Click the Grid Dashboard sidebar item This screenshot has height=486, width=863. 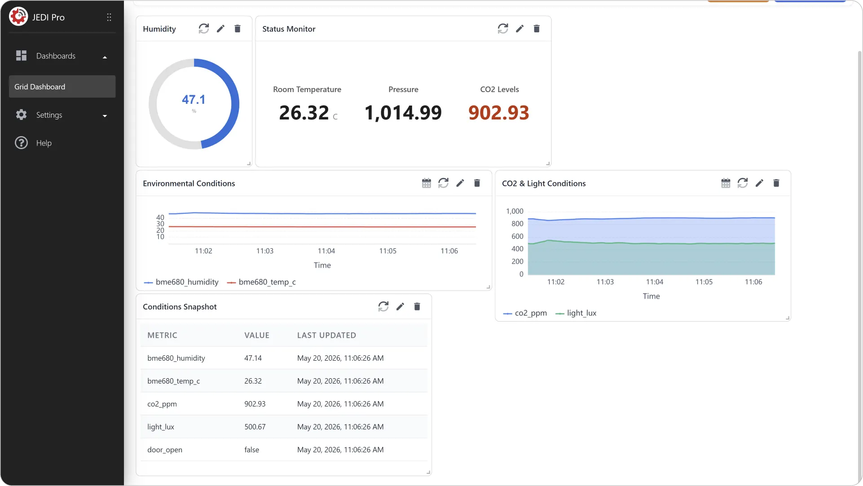62,87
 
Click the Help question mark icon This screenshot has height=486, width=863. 21,143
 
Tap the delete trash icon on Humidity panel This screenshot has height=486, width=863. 238,29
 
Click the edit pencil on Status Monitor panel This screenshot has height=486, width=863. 520,29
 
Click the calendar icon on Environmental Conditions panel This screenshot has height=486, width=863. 426,183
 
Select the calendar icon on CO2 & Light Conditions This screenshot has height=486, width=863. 726,183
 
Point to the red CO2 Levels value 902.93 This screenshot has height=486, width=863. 499,113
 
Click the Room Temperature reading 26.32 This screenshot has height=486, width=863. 304,113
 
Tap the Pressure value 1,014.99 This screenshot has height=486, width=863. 403,113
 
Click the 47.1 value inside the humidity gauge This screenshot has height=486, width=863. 194,99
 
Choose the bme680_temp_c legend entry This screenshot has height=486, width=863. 261,282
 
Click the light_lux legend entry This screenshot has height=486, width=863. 576,313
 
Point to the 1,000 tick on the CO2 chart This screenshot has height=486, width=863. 515,211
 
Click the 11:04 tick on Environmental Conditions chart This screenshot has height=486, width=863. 326,251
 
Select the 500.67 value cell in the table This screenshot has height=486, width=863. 255,427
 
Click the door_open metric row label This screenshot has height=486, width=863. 165,450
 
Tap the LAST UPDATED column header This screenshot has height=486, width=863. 326,335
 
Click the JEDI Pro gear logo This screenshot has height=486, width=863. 18,17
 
